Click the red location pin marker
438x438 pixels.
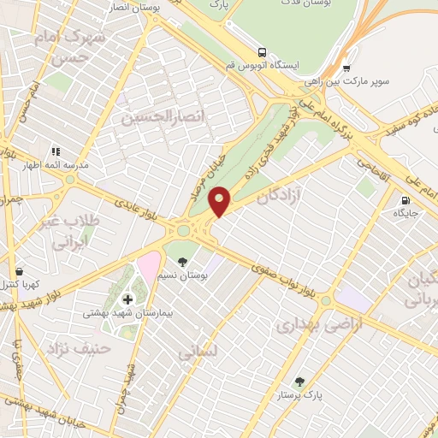(220, 200)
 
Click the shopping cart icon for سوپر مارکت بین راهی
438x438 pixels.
(346, 69)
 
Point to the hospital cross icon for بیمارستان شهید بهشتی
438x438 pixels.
(128, 299)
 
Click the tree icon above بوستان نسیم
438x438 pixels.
(181, 259)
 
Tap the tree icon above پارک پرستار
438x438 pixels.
(299, 382)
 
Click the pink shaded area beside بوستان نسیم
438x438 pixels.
(149, 266)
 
